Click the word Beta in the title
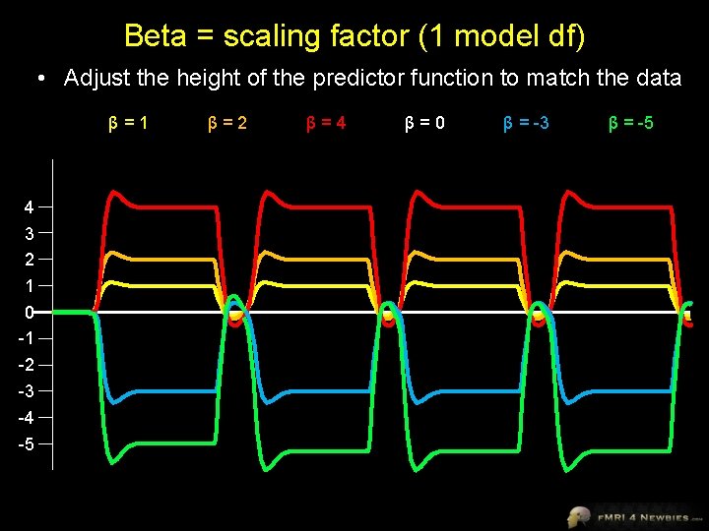click(156, 36)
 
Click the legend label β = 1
click(128, 123)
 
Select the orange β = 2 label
click(227, 123)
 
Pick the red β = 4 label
click(326, 123)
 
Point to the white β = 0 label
click(424, 123)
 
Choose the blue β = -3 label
click(526, 123)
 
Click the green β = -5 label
click(631, 123)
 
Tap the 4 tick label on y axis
click(30, 207)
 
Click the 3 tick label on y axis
click(30, 234)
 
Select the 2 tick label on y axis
click(30, 260)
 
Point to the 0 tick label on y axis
click(30, 313)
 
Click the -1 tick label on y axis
click(27, 338)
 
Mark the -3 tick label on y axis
click(27, 391)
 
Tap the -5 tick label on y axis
click(27, 443)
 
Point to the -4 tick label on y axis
click(27, 417)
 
